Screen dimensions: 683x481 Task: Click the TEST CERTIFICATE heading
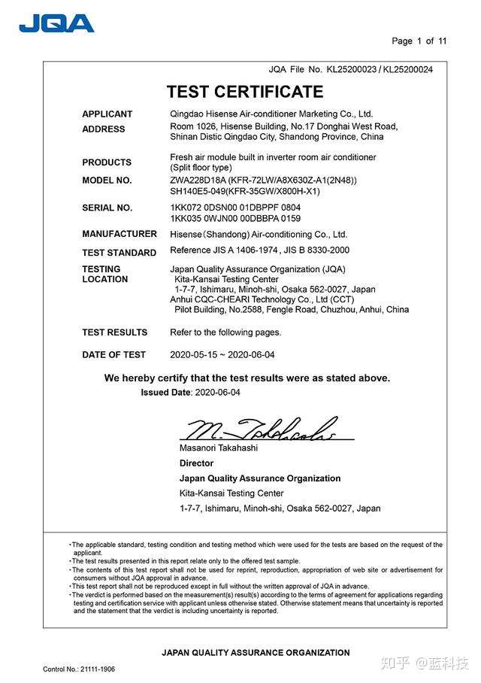[245, 92]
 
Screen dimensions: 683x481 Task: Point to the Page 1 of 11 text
[419, 41]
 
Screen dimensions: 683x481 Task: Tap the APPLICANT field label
[107, 114]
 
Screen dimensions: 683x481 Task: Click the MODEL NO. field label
[107, 181]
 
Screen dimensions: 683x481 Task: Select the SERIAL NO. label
[107, 208]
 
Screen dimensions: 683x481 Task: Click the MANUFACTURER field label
[119, 234]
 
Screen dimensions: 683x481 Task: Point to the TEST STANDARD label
[119, 253]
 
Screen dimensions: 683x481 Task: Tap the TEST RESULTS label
[114, 332]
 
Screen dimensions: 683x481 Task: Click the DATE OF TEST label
[113, 355]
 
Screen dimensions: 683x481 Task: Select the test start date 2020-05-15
[192, 355]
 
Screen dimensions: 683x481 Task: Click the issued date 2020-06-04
[217, 393]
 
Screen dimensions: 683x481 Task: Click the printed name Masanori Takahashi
[218, 448]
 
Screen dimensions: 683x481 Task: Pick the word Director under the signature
[196, 463]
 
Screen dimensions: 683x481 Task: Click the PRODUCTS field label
[107, 162]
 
